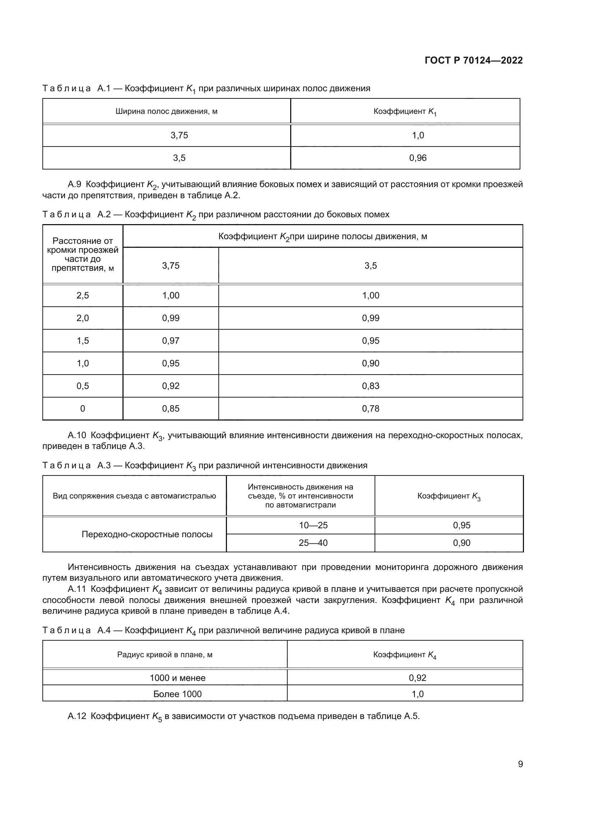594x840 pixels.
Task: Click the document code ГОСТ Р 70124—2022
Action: click(x=473, y=60)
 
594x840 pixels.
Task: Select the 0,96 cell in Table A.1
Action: click(x=418, y=158)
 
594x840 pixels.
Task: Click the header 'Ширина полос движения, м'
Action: click(x=166, y=111)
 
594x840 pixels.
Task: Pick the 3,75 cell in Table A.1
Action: click(x=179, y=135)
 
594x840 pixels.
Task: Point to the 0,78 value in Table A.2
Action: click(x=371, y=409)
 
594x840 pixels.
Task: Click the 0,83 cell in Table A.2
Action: click(x=371, y=386)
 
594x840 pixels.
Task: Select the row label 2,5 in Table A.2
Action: click(x=83, y=296)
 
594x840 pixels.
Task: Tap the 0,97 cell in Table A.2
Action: click(x=171, y=340)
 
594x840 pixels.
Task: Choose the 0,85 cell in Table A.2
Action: click(x=171, y=409)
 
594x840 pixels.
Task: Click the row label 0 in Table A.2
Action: click(x=83, y=409)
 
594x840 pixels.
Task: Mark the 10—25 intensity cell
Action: click(x=313, y=525)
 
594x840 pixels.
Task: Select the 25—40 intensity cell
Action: click(x=313, y=543)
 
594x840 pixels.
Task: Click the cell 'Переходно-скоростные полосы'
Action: click(x=147, y=534)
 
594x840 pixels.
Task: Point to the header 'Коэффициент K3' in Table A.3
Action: click(x=449, y=496)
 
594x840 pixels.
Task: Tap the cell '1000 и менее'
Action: click(x=177, y=678)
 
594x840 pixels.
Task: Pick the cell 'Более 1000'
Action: click(x=177, y=694)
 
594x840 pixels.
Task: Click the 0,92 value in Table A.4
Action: click(x=417, y=678)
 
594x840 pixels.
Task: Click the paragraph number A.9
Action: click(x=74, y=184)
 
